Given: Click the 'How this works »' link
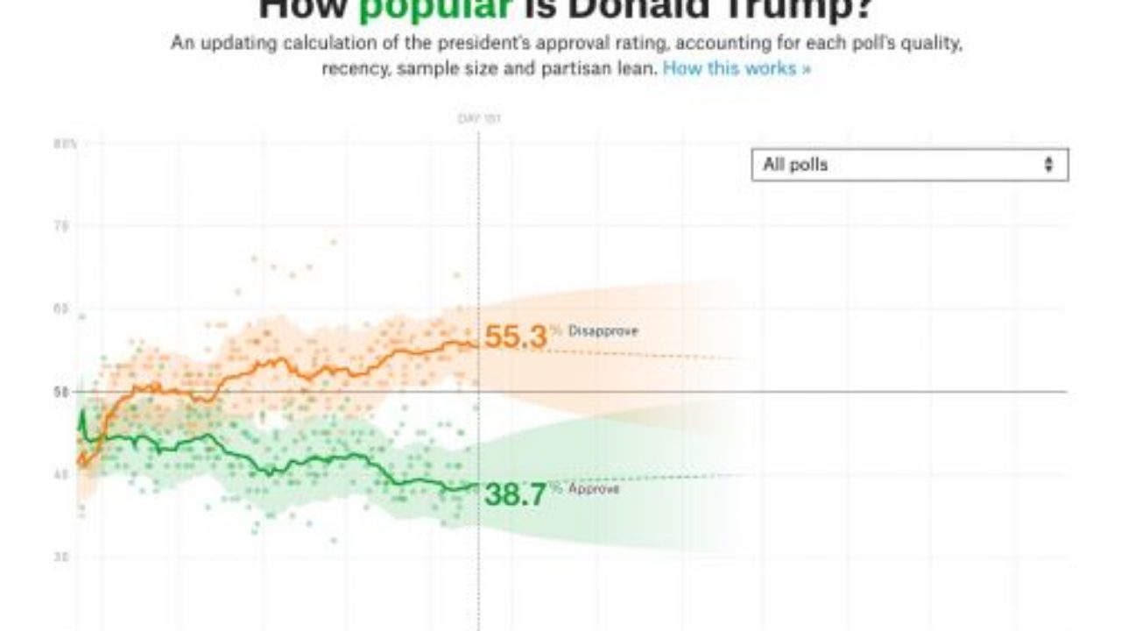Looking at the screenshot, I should pos(737,68).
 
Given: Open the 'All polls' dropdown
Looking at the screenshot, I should pos(909,165).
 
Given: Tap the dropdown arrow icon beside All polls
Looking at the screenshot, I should pos(1048,165).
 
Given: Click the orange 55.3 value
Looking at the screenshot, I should pos(515,337).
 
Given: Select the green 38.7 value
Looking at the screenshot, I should pos(515,494).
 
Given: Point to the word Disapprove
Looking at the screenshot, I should pos(603,331).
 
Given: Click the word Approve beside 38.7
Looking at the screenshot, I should pos(594,489).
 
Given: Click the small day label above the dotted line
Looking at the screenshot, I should pos(479,118).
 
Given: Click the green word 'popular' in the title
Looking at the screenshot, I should pos(435,9).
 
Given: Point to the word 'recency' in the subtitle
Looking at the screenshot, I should pos(356,68).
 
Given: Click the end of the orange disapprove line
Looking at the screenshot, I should pos(477,344).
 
